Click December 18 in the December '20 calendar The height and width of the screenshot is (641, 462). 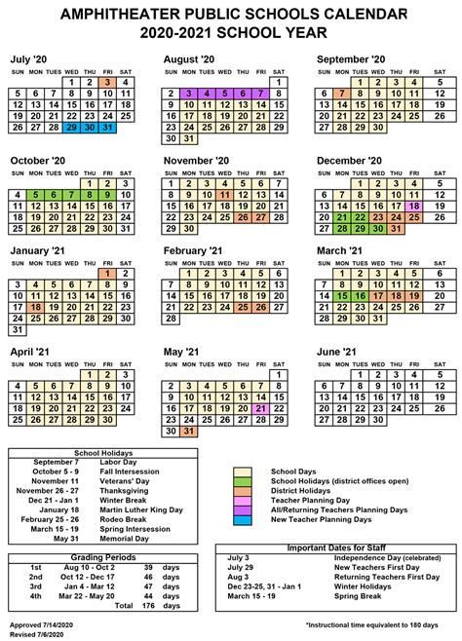[x=414, y=207]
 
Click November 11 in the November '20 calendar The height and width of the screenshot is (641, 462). [x=225, y=195]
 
